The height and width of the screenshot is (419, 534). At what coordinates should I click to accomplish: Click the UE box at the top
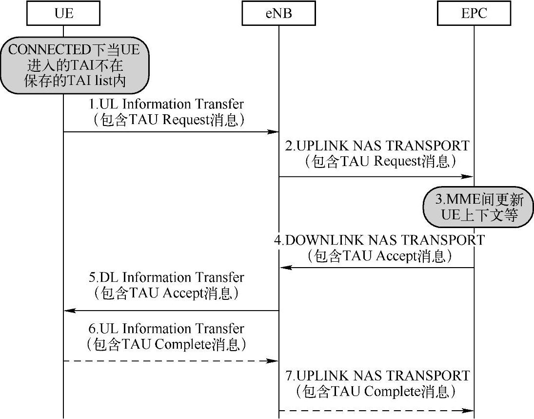[x=63, y=14]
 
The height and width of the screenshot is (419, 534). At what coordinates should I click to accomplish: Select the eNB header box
[x=279, y=14]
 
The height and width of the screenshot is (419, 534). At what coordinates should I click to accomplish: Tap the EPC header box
[x=474, y=14]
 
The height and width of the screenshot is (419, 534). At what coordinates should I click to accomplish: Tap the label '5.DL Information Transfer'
[x=166, y=277]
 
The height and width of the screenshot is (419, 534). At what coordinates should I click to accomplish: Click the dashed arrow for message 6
[x=171, y=361]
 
